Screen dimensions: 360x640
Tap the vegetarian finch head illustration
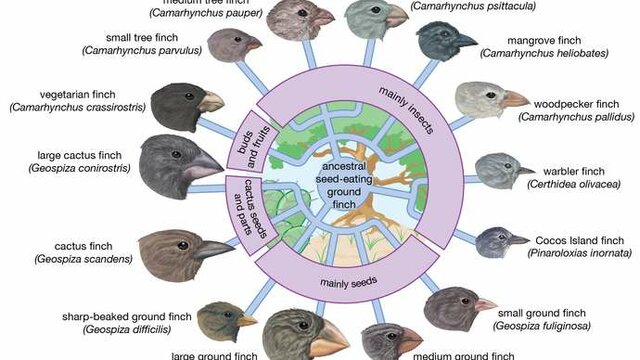pyautogui.click(x=181, y=104)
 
